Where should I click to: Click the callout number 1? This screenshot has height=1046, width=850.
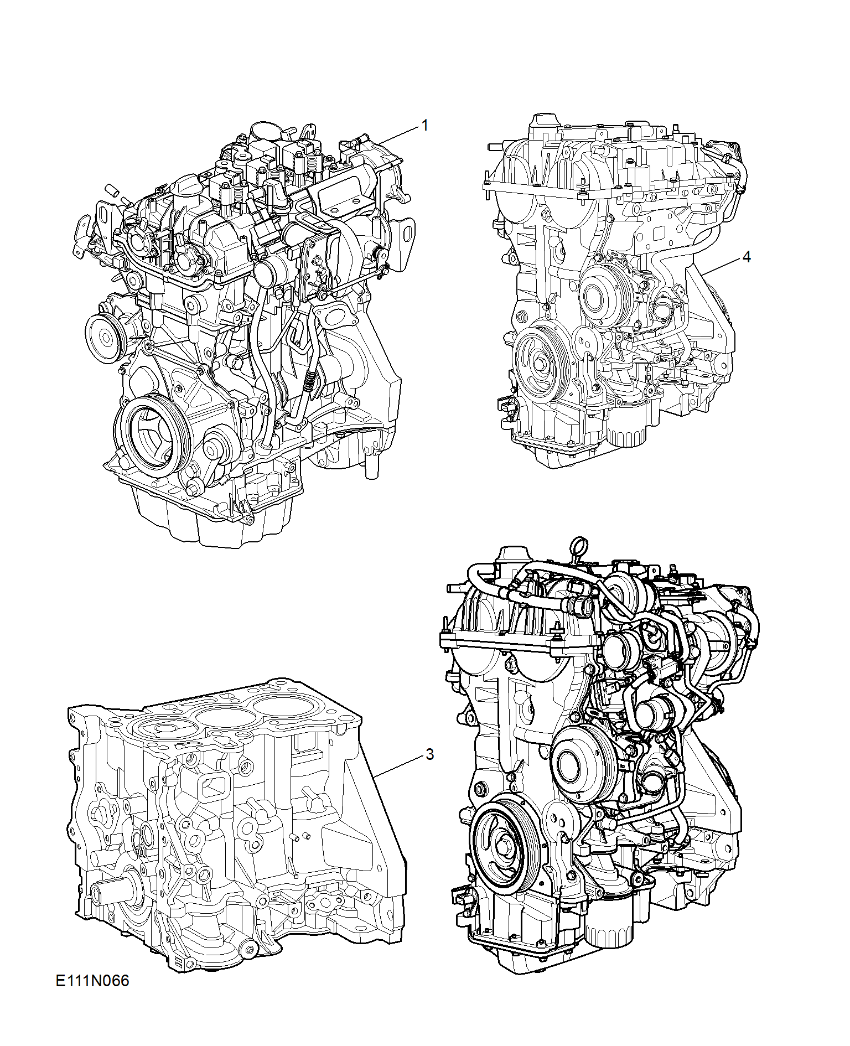(425, 126)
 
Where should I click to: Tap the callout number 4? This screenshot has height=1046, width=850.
(747, 257)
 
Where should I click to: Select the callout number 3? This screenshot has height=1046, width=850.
(430, 754)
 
